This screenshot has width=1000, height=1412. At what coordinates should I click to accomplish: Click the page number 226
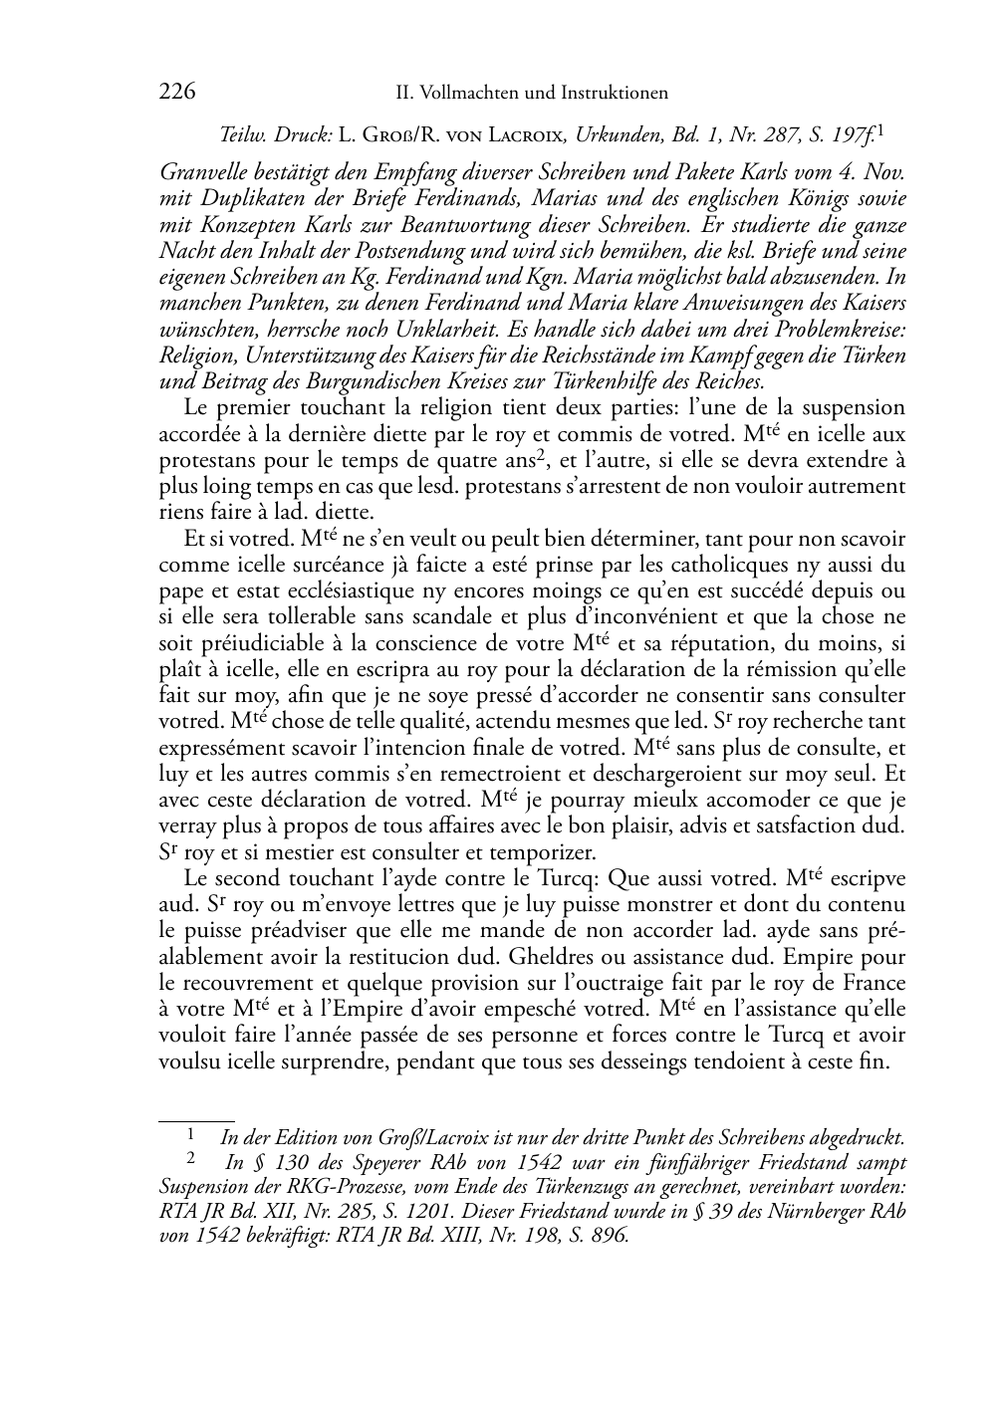176,93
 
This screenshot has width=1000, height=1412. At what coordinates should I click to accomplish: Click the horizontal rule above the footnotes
196,1120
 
